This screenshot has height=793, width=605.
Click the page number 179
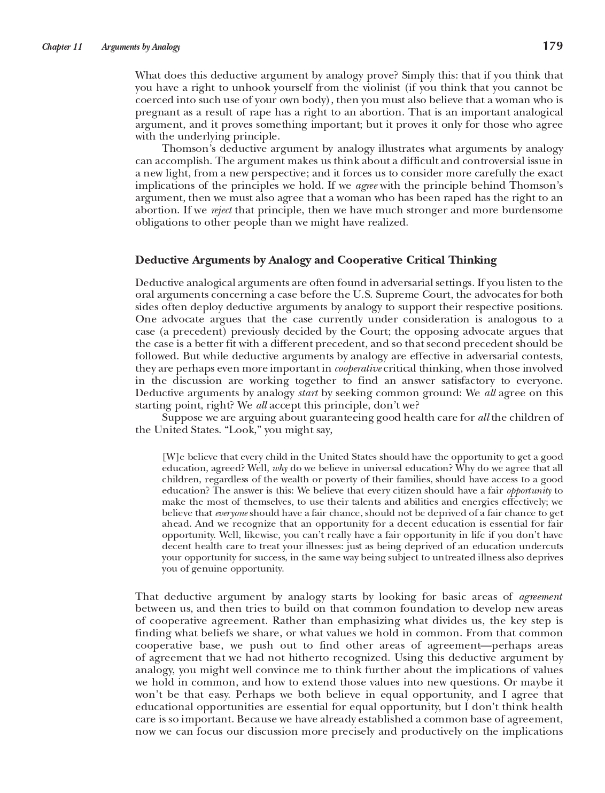click(x=553, y=46)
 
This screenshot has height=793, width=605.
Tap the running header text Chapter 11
click(x=62, y=47)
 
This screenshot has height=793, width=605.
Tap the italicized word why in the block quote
click(x=280, y=468)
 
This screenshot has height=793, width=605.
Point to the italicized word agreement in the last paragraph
click(x=541, y=597)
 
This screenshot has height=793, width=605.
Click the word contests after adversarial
click(x=544, y=356)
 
